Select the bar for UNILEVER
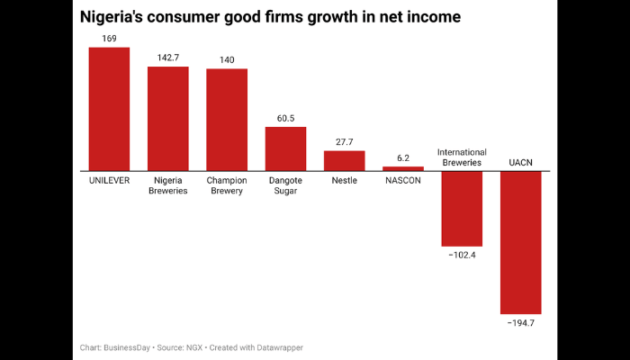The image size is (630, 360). click(x=109, y=108)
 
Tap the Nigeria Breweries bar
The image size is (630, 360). click(x=167, y=118)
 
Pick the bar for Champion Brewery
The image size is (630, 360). click(x=227, y=120)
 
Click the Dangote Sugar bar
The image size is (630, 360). click(x=285, y=148)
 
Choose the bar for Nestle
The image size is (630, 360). click(x=344, y=160)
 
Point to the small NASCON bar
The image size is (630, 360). click(x=402, y=168)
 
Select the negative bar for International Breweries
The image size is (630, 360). click(x=462, y=208)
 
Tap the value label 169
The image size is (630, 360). click(x=109, y=39)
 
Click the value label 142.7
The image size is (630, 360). click(x=167, y=58)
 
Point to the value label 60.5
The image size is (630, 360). click(x=285, y=118)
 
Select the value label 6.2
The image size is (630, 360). click(x=402, y=157)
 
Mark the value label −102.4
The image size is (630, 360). click(x=462, y=255)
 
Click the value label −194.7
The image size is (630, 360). click(x=520, y=322)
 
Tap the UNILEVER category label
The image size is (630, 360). click(x=109, y=180)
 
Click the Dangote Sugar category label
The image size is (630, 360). click(x=285, y=185)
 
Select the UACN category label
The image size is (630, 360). click(x=520, y=163)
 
